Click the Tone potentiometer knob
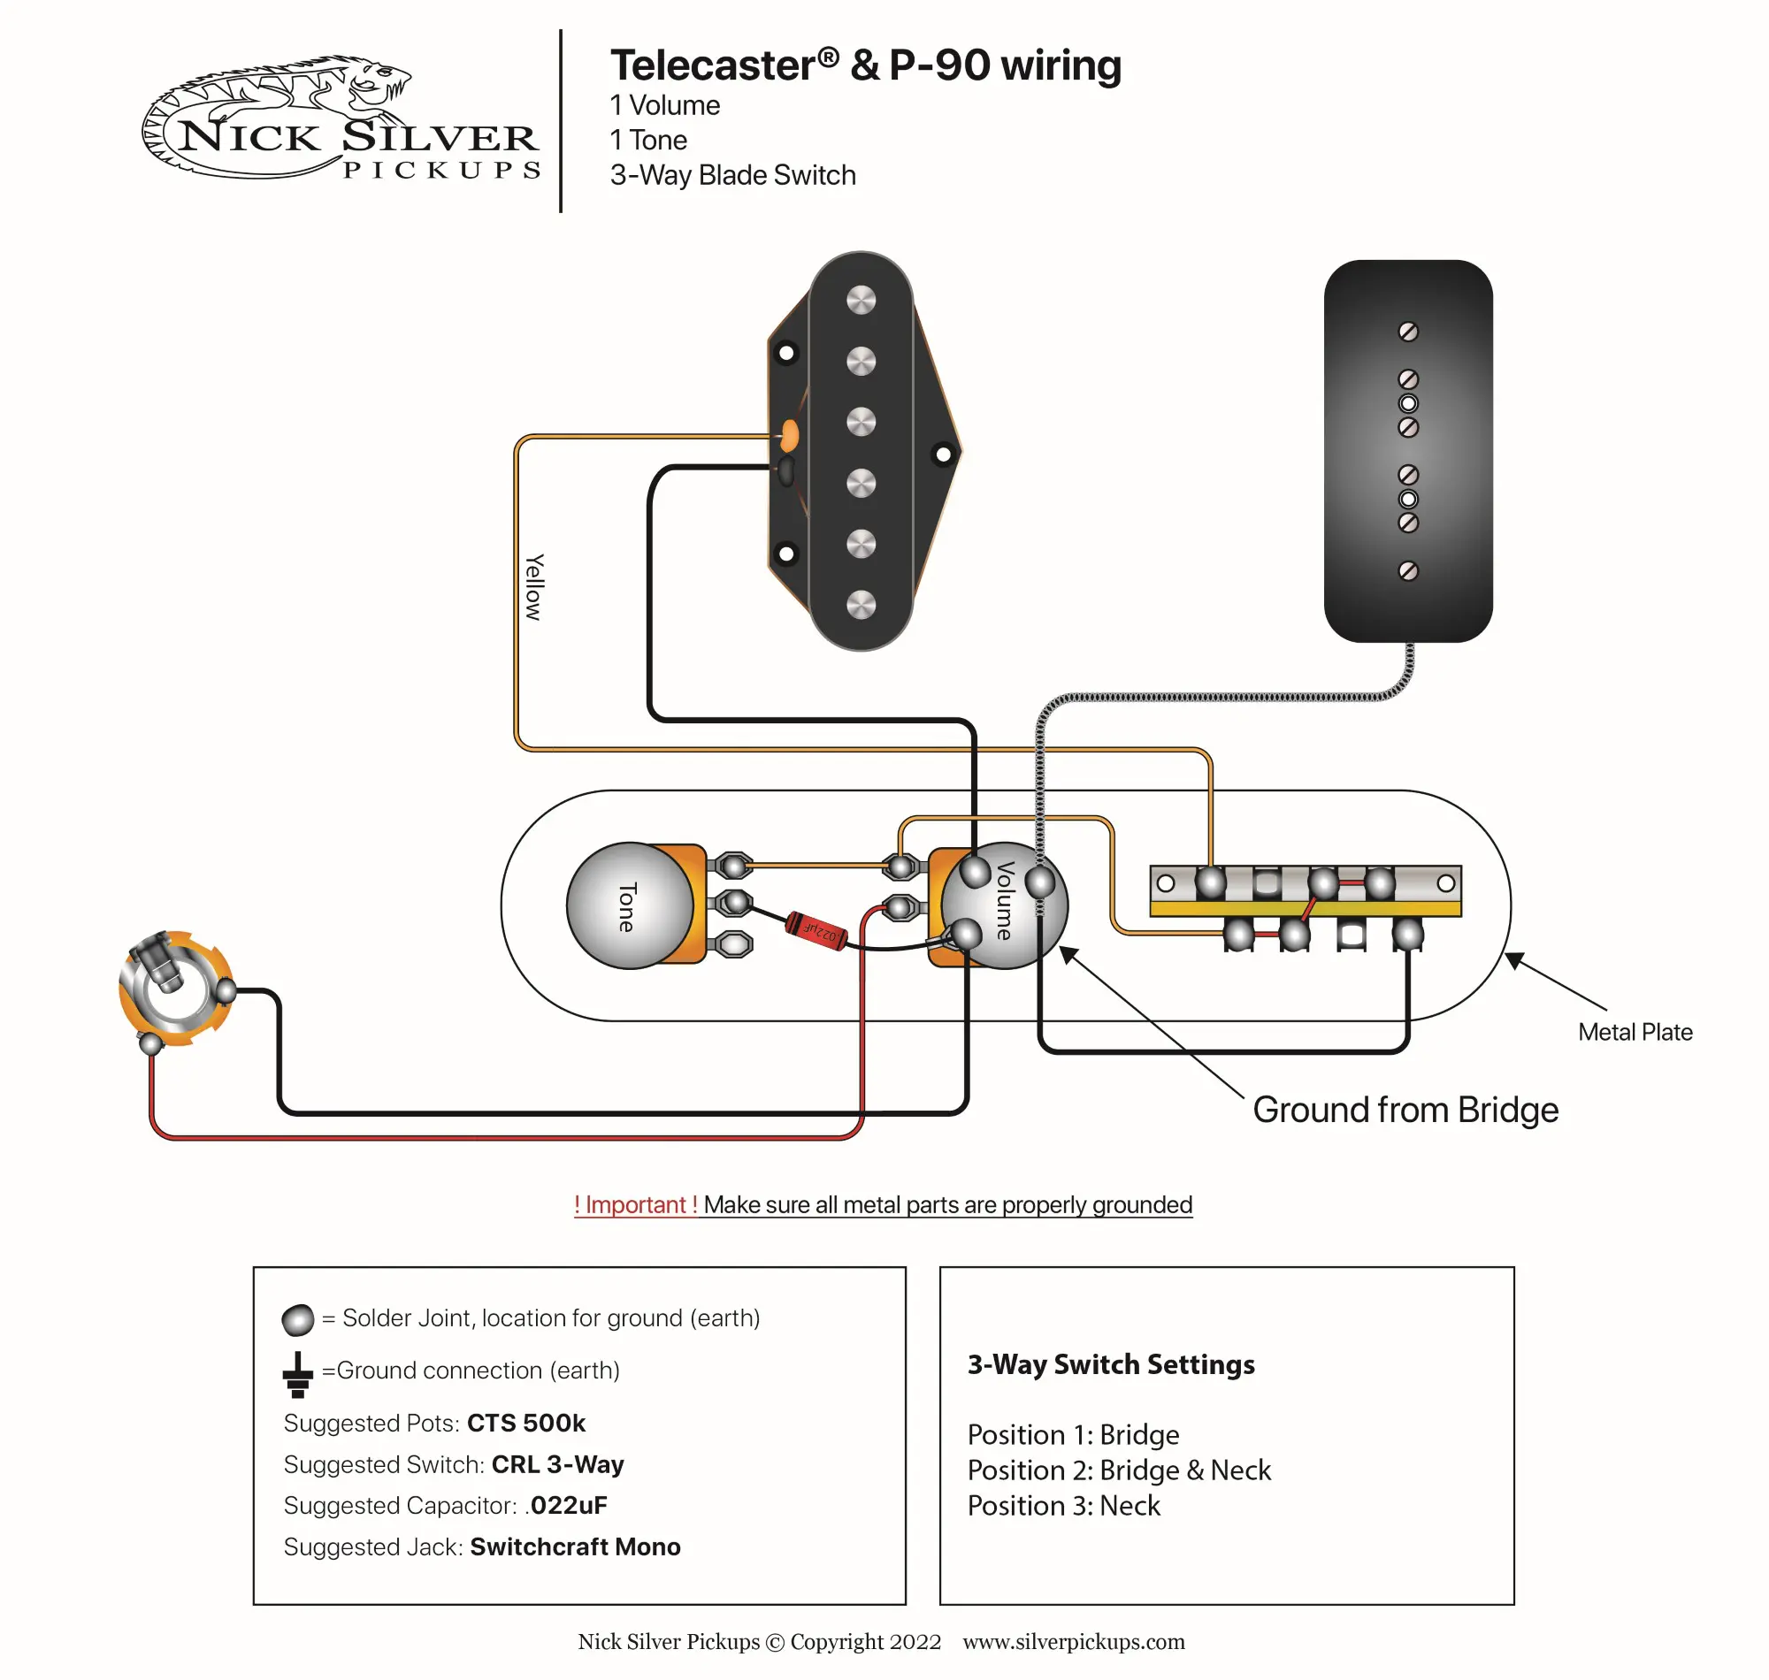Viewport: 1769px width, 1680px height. point(630,905)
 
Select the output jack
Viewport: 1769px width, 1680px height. point(175,988)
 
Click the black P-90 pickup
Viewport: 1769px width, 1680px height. point(1407,450)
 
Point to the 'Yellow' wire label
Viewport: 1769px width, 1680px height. point(534,586)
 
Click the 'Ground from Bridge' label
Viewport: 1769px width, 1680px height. point(1405,1110)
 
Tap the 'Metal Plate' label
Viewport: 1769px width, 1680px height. point(1634,1032)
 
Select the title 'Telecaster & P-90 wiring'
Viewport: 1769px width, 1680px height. point(864,65)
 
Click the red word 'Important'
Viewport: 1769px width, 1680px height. point(635,1204)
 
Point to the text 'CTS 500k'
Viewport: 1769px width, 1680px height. point(525,1423)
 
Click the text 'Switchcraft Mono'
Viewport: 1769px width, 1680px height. point(575,1546)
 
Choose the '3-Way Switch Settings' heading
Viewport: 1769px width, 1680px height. point(1110,1363)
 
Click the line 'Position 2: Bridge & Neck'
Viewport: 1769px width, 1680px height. point(1118,1470)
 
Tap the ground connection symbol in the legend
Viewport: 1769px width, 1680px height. point(297,1374)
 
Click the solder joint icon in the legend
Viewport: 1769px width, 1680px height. point(297,1319)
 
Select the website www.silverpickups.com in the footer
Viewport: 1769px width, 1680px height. point(1073,1641)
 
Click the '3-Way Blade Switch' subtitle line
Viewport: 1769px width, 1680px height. point(731,176)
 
